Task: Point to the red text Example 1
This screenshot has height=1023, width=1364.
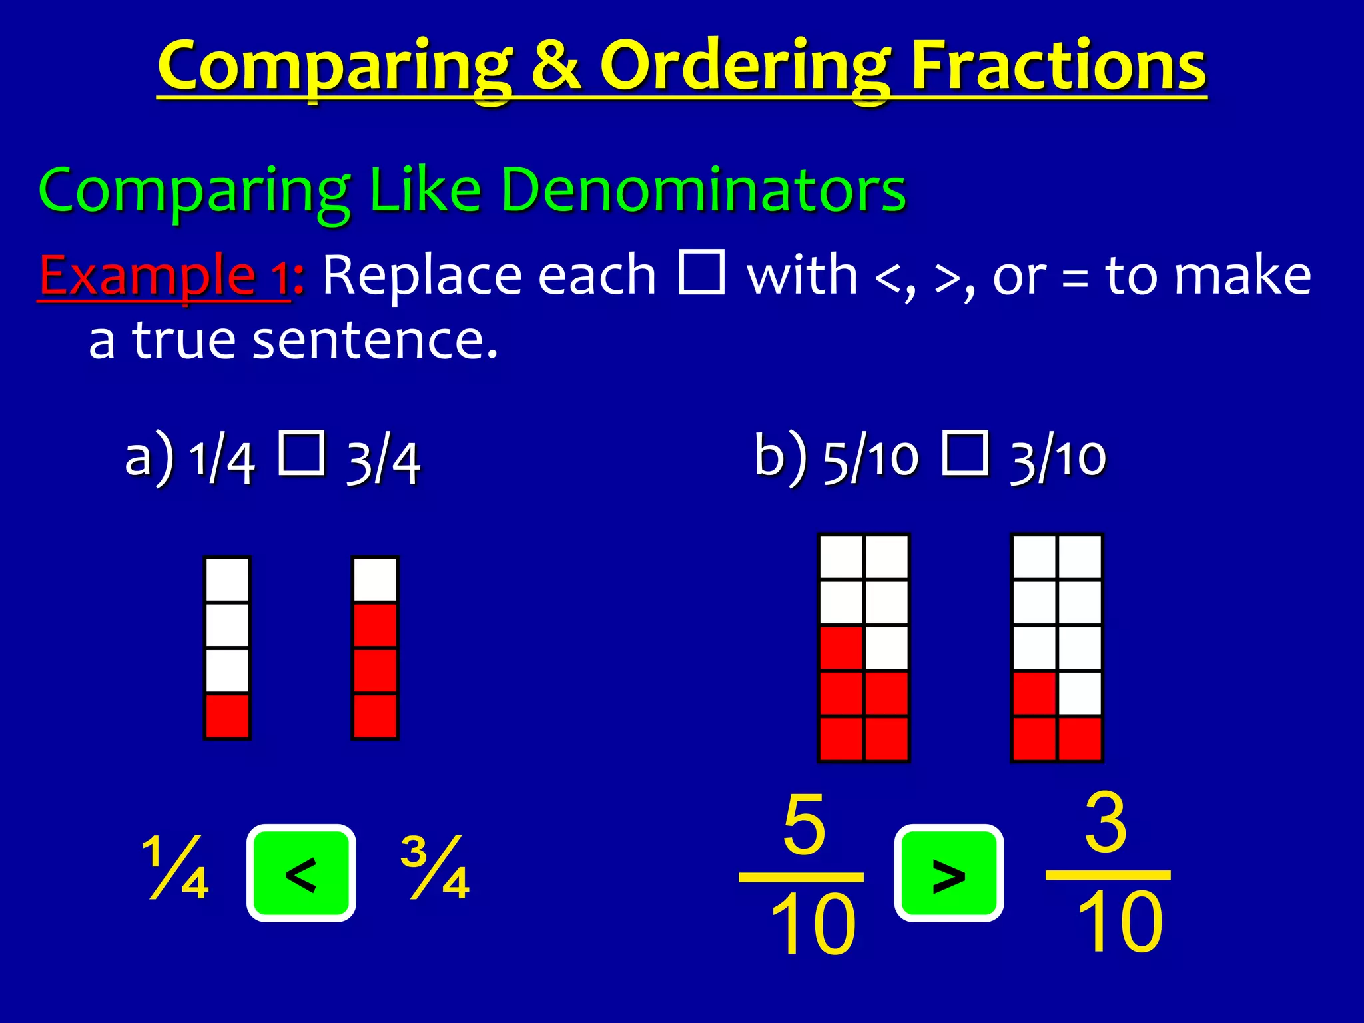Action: click(164, 275)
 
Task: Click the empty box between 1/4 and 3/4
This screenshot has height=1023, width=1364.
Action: click(302, 453)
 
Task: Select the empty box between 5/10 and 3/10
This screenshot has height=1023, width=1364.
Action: click(965, 453)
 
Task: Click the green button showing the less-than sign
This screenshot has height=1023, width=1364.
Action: click(301, 873)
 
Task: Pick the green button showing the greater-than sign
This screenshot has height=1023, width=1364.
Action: click(948, 873)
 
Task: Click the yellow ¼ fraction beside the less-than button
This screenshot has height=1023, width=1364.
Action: click(176, 867)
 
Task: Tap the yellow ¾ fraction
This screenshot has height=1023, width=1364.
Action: click(435, 867)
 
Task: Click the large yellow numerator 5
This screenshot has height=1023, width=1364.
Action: click(804, 824)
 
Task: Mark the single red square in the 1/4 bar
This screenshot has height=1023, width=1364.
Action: click(227, 716)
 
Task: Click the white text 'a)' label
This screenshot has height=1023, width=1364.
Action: click(149, 458)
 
